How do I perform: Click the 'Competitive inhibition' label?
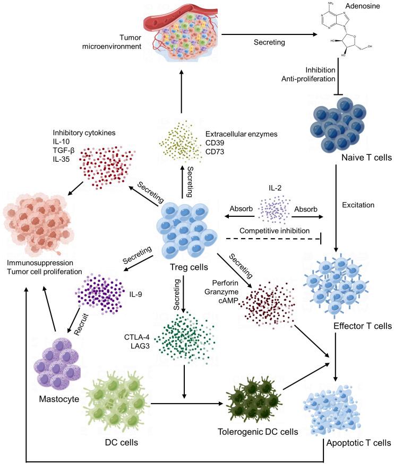pyautogui.click(x=274, y=230)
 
